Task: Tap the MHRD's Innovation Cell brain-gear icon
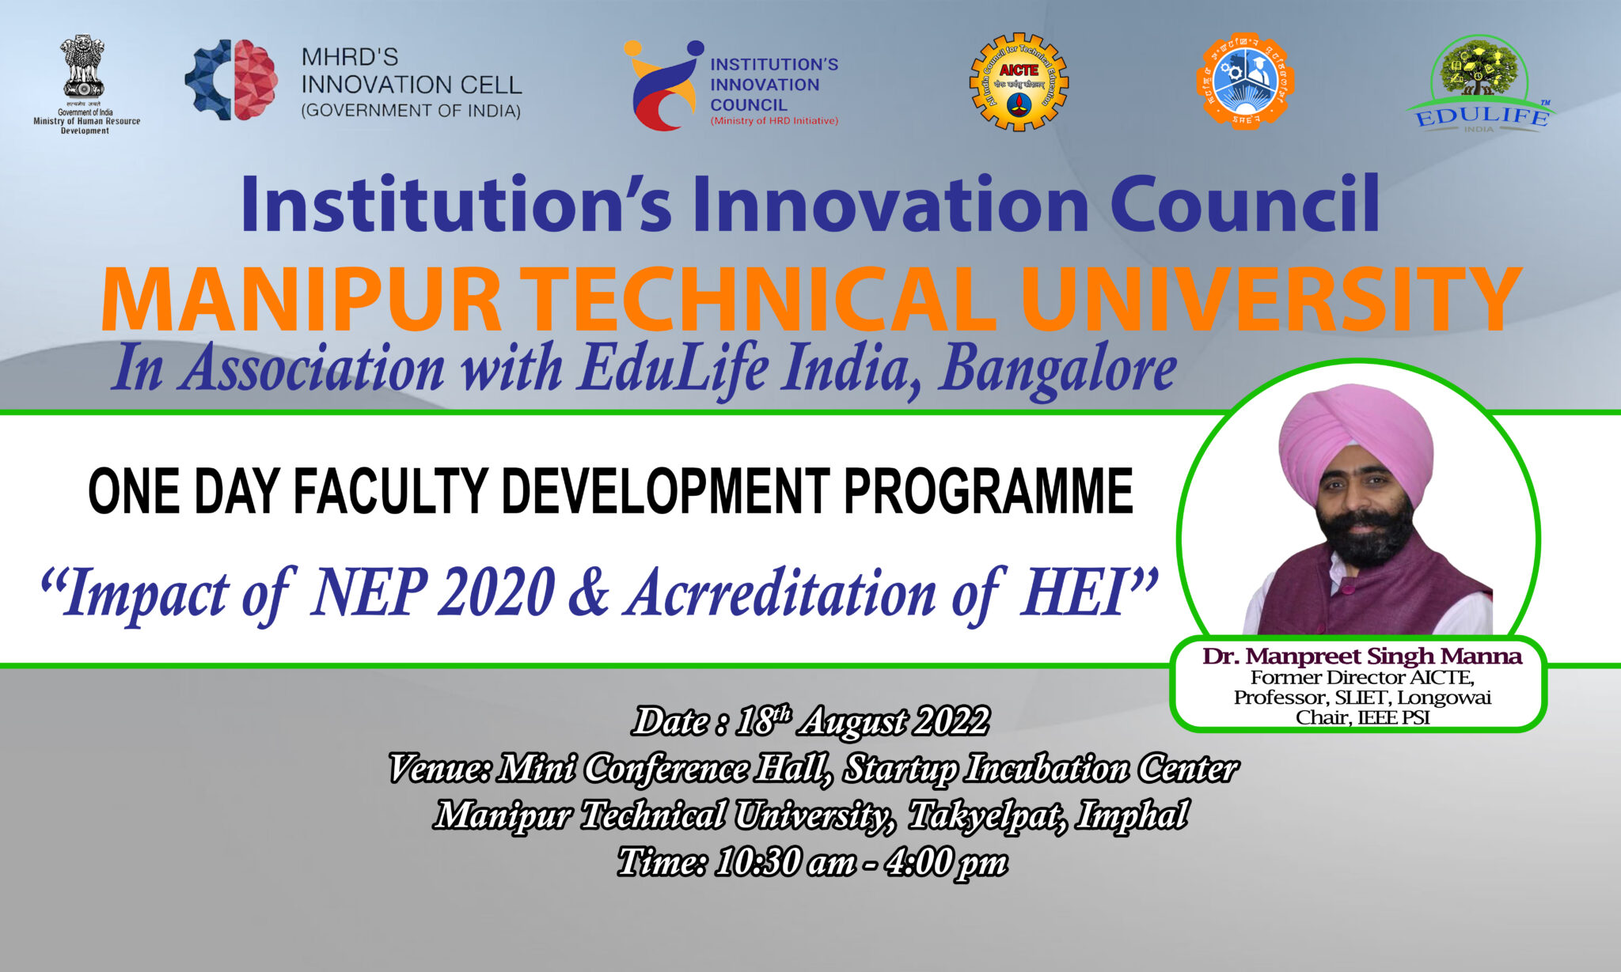tap(231, 80)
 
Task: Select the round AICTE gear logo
tap(1019, 81)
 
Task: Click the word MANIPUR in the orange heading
tap(301, 301)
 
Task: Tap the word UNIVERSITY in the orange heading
tap(1270, 301)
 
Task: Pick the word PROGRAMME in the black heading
tap(988, 491)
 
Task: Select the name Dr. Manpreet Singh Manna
tap(1361, 656)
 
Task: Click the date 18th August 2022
tap(862, 721)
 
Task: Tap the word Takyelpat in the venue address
tap(982, 815)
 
